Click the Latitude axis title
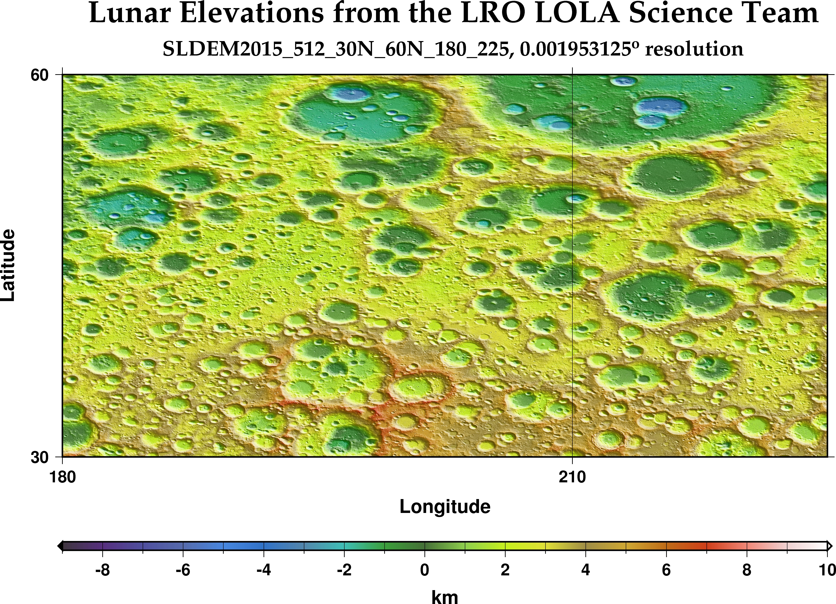[x=8, y=265]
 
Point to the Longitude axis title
[x=445, y=507]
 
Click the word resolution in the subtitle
[x=694, y=49]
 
